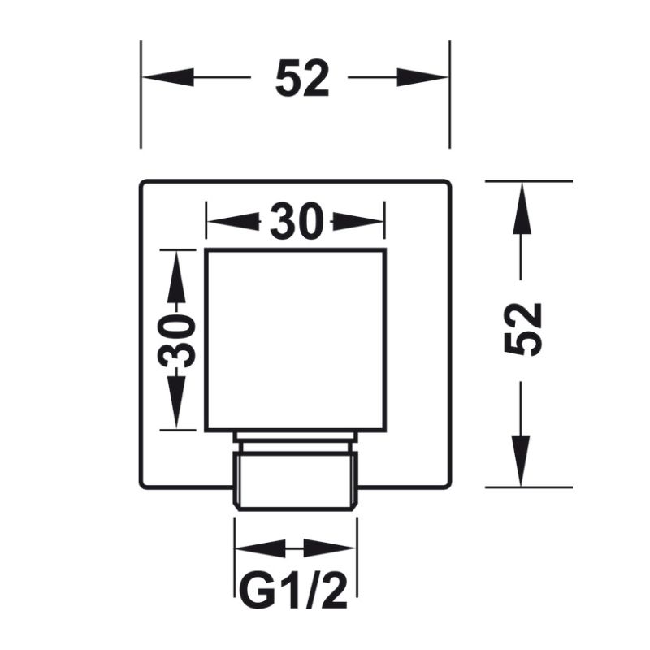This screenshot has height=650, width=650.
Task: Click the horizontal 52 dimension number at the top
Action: (x=301, y=79)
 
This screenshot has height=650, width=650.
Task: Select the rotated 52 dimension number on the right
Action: (x=522, y=328)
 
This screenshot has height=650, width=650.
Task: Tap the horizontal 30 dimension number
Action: (x=296, y=222)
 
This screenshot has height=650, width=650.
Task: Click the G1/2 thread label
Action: (x=295, y=591)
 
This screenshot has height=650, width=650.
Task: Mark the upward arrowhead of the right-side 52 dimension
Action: (x=522, y=206)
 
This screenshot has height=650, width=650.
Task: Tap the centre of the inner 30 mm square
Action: (x=295, y=340)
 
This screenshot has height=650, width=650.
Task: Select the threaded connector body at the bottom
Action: (x=295, y=481)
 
